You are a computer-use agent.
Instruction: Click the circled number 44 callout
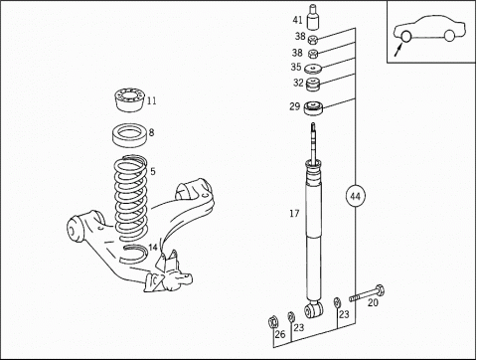click(x=355, y=197)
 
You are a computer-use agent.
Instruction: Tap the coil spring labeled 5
click(x=131, y=198)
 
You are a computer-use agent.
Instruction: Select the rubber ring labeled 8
click(x=130, y=135)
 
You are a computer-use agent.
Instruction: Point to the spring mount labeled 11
click(x=129, y=99)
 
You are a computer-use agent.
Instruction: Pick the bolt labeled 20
click(x=367, y=293)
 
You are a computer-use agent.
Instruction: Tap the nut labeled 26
click(x=273, y=321)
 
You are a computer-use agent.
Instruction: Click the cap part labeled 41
click(x=313, y=17)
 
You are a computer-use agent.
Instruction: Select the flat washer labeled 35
click(x=313, y=69)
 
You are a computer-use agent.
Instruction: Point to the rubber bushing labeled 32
click(x=312, y=85)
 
